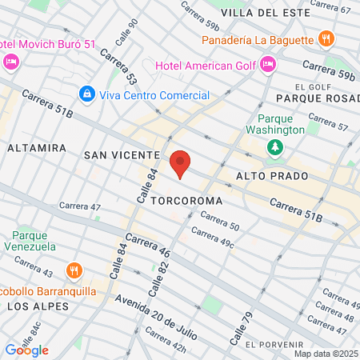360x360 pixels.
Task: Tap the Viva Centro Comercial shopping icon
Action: click(86, 94)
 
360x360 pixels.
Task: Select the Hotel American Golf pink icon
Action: click(268, 62)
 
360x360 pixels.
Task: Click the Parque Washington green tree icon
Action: click(275, 147)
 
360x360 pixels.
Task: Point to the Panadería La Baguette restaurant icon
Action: click(325, 38)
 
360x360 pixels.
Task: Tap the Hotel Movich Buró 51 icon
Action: click(10, 61)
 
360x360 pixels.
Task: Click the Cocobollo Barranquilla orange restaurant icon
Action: click(74, 270)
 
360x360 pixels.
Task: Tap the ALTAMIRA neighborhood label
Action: click(35, 148)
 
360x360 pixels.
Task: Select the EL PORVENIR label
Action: click(273, 344)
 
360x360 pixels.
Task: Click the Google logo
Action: click(26, 350)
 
